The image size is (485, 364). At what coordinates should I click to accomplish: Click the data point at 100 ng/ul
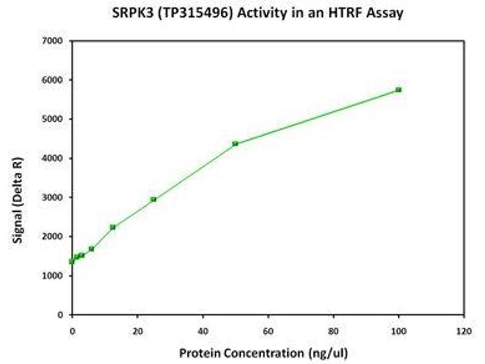398,90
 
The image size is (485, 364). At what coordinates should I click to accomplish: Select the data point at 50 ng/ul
235,144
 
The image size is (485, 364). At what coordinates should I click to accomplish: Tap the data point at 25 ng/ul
153,199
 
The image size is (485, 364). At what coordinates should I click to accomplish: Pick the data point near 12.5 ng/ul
113,227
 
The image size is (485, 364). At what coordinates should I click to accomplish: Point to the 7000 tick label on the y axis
53,41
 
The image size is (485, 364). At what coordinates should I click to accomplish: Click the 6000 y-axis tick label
53,80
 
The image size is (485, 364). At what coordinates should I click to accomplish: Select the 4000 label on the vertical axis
53,158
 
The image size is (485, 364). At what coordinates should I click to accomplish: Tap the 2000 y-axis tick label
53,237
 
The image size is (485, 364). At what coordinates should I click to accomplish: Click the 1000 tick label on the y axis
53,276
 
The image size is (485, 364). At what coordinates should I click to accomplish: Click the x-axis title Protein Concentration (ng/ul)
263,352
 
